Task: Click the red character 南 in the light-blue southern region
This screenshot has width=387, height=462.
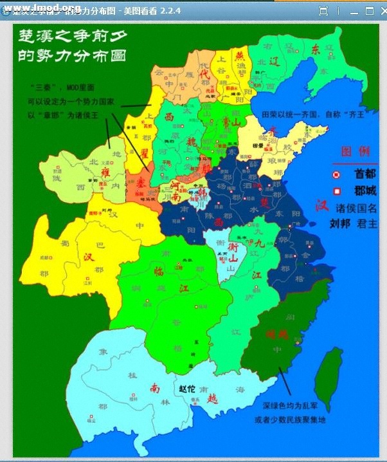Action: tap(156, 388)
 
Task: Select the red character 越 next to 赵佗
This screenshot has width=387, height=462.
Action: tap(213, 398)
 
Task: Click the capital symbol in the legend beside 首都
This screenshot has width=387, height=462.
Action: tap(336, 174)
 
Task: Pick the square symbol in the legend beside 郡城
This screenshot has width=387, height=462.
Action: tap(336, 191)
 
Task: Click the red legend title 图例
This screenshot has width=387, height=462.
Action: tap(355, 152)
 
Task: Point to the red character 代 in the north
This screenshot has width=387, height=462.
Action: tap(207, 74)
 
